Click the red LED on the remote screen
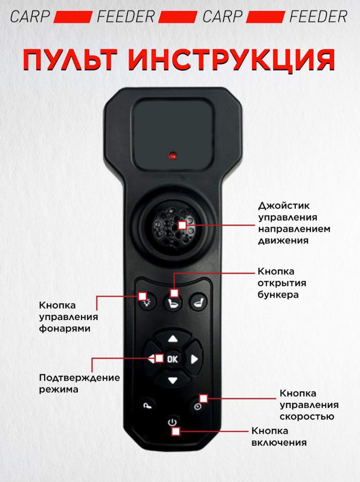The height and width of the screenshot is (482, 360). pyautogui.click(x=173, y=156)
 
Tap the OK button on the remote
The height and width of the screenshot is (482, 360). pyautogui.click(x=172, y=359)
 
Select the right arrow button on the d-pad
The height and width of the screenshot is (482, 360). pyautogui.click(x=194, y=359)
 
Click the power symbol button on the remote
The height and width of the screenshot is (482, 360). pyautogui.click(x=172, y=422)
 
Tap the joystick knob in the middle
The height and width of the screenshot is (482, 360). pyautogui.click(x=174, y=227)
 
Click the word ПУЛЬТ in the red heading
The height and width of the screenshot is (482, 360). pyautogui.click(x=70, y=59)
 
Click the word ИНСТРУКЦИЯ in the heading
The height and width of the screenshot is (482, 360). pyautogui.click(x=231, y=60)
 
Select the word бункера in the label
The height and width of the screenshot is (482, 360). pyautogui.click(x=278, y=295)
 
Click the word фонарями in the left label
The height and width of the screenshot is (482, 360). pyautogui.click(x=65, y=328)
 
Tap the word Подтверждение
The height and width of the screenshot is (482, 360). pyautogui.click(x=79, y=378)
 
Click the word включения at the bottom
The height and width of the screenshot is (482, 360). pyautogui.click(x=279, y=443)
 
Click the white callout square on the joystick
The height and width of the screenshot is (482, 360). pyautogui.click(x=182, y=225)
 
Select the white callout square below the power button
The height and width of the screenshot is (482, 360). pyautogui.click(x=176, y=431)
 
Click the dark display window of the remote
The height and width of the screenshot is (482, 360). pyautogui.click(x=173, y=134)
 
